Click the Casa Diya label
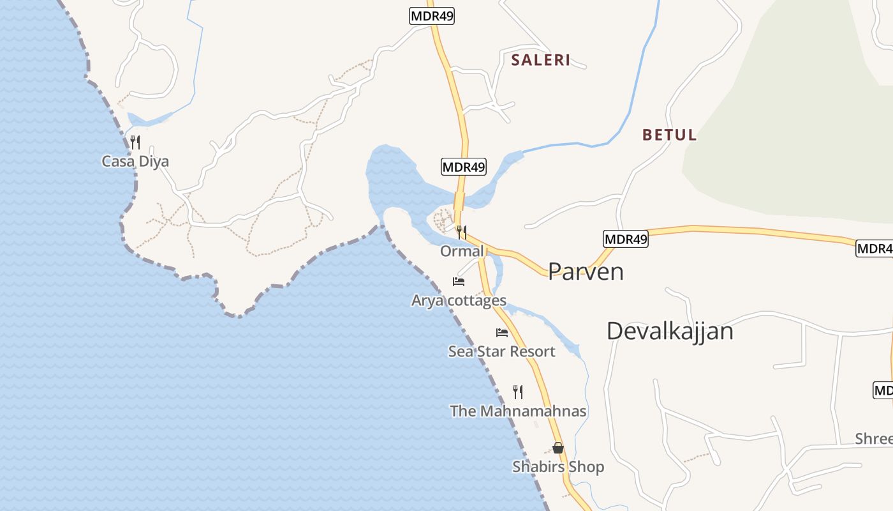coord(135,161)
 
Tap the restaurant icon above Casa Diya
coord(135,142)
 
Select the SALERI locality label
coord(541,60)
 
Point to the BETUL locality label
coord(669,135)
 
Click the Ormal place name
coord(462,251)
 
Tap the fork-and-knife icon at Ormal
coord(462,232)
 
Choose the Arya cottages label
coord(459,300)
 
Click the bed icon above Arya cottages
coord(458,281)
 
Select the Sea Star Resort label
coord(501,351)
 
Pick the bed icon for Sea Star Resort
coord(502,332)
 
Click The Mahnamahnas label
coord(518,411)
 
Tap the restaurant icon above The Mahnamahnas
coord(518,392)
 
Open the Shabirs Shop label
coord(558,467)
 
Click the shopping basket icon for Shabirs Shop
coord(558,448)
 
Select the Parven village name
coord(586,271)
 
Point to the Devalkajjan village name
coord(670,331)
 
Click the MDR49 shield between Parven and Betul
coord(625,239)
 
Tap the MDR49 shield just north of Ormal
coord(464,167)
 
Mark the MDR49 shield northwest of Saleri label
coord(432,16)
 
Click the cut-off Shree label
coord(875,439)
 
